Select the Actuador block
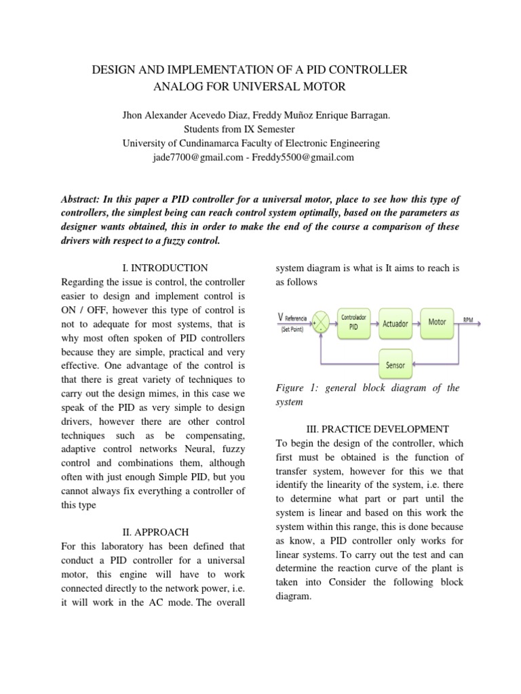pos(395,323)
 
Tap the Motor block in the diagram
pos(437,322)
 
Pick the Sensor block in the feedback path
pos(395,365)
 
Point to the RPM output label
pos(468,318)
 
